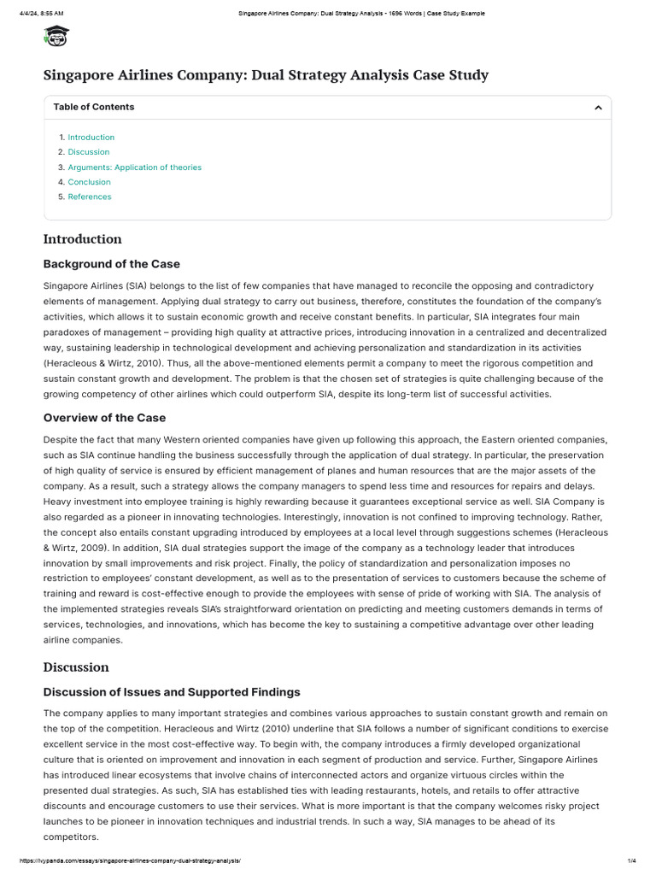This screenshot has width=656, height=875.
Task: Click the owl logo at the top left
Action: pyautogui.click(x=56, y=36)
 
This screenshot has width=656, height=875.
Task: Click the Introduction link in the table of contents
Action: pyautogui.click(x=91, y=138)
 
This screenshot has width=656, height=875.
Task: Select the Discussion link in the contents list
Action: pyautogui.click(x=89, y=152)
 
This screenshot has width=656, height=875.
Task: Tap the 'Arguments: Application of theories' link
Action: pyautogui.click(x=134, y=167)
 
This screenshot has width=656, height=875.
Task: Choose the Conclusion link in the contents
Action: pyautogui.click(x=89, y=182)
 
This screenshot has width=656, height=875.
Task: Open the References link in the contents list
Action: pyautogui.click(x=90, y=197)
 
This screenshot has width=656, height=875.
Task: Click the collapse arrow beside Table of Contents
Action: pyautogui.click(x=598, y=108)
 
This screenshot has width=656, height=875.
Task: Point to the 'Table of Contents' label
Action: pyautogui.click(x=93, y=107)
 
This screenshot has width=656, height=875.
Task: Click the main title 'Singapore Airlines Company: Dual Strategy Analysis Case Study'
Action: pyautogui.click(x=266, y=75)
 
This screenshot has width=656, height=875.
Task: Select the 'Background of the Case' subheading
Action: pyautogui.click(x=112, y=263)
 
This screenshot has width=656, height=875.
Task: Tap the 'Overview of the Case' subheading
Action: pyautogui.click(x=104, y=418)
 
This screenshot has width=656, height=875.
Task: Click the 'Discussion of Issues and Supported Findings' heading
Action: pyautogui.click(x=172, y=691)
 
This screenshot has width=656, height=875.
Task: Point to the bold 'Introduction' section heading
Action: pyautogui.click(x=82, y=239)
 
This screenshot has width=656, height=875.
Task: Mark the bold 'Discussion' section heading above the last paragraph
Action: pyautogui.click(x=76, y=667)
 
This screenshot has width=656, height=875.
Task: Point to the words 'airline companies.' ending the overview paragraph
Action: pyautogui.click(x=83, y=640)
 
